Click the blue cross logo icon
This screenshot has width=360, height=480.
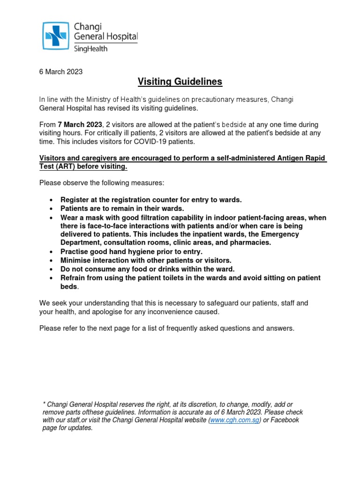pyautogui.click(x=56, y=36)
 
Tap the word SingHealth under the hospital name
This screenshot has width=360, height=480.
pyautogui.click(x=90, y=48)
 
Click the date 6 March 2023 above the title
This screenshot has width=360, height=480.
pyautogui.click(x=60, y=72)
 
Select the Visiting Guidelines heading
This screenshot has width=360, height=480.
pyautogui.click(x=180, y=82)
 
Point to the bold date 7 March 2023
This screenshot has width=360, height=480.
pyautogui.click(x=80, y=125)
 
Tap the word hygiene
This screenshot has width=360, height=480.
pyautogui.click(x=132, y=252)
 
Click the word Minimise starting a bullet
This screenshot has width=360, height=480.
pyautogui.click(x=76, y=260)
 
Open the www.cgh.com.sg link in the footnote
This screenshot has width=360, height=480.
pyautogui.click(x=235, y=420)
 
